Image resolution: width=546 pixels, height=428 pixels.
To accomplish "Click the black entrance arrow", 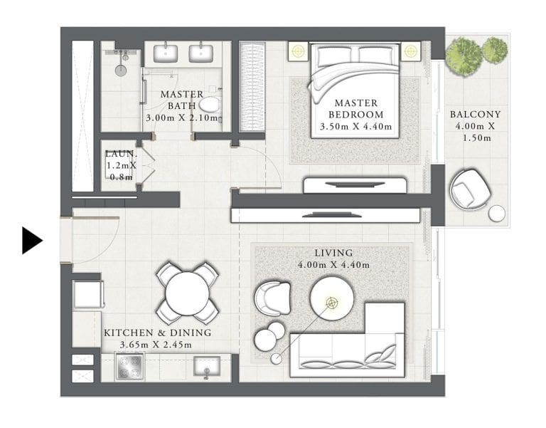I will click(x=31, y=240).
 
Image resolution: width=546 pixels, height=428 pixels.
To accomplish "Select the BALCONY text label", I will click(x=475, y=114).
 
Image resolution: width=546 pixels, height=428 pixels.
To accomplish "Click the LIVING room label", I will click(x=333, y=253).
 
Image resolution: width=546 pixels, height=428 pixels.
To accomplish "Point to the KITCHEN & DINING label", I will click(x=157, y=333).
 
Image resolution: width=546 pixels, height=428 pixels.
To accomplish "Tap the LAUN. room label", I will click(x=118, y=153).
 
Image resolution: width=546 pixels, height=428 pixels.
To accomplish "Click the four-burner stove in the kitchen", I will click(x=130, y=367).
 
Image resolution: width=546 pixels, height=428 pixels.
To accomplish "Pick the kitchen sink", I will click(x=207, y=367).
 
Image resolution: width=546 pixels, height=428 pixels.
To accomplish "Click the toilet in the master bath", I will click(x=210, y=105).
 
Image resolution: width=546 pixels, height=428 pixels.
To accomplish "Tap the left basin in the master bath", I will click(x=166, y=51).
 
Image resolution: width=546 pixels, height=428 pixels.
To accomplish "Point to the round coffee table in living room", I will click(x=331, y=296).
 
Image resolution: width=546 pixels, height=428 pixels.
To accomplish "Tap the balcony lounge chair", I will click(x=470, y=189).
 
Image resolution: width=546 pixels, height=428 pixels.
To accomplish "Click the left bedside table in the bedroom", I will click(x=297, y=51).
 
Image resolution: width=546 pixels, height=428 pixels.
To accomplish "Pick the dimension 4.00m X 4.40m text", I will click(x=333, y=266).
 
